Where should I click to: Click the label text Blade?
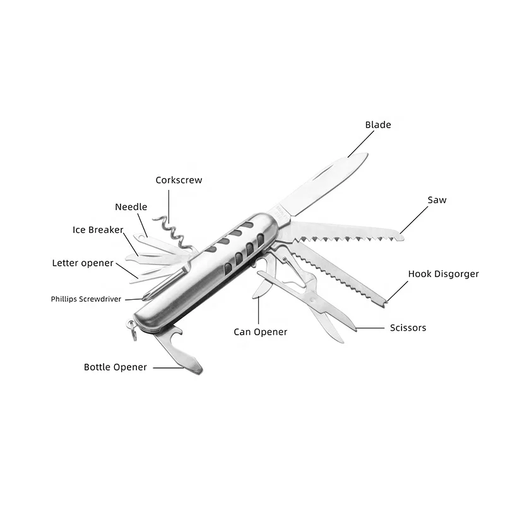point(378,124)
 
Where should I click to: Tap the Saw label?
point(437,200)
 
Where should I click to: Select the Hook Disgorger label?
point(443,274)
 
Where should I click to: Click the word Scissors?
point(408,328)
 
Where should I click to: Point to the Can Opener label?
point(260,332)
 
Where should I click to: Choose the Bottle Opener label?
point(116,367)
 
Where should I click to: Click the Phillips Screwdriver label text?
point(86,299)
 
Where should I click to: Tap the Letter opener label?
point(83,263)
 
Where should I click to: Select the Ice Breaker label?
point(98,230)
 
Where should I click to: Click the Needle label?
point(131,207)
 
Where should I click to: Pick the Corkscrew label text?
point(179,180)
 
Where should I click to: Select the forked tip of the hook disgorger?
point(386,305)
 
